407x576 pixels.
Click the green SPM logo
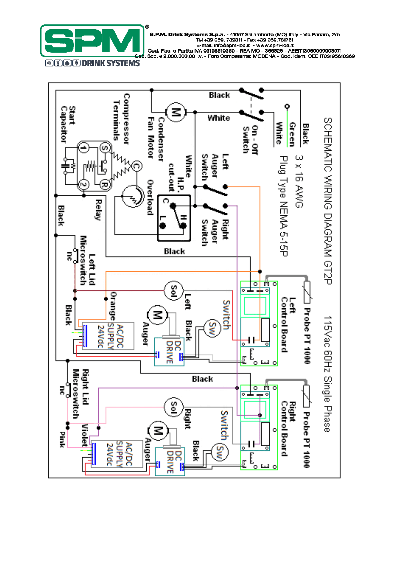tap(92, 41)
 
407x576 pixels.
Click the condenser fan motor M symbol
tap(176, 112)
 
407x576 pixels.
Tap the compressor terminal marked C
tap(137, 166)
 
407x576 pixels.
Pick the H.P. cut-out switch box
tap(174, 218)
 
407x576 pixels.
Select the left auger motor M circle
tap(158, 315)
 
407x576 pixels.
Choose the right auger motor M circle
tap(158, 431)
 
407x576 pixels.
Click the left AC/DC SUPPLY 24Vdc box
tap(108, 336)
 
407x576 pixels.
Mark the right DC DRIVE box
tap(170, 462)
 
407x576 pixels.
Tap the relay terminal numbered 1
tap(83, 148)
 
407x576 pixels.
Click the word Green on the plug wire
tap(292, 134)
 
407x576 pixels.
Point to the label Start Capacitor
tap(68, 124)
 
